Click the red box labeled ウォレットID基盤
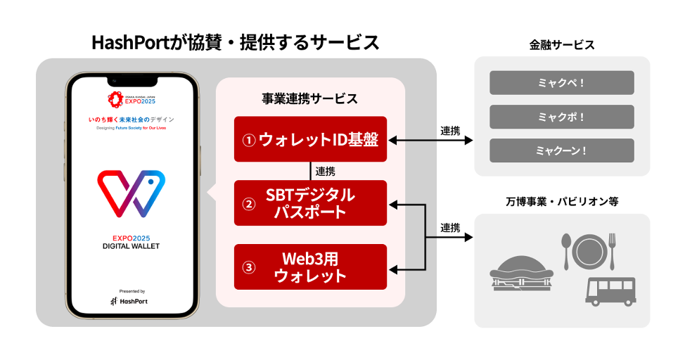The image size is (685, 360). click(x=310, y=139)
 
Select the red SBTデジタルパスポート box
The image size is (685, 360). click(x=310, y=203)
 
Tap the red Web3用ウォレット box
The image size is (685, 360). click(x=310, y=266)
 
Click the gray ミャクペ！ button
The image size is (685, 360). click(x=561, y=83)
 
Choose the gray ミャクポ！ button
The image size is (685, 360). click(x=561, y=117)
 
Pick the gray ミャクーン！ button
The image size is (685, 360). click(x=561, y=150)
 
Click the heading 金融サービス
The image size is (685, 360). click(x=562, y=45)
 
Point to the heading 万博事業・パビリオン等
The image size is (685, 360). click(x=562, y=201)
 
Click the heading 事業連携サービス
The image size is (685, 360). click(x=310, y=98)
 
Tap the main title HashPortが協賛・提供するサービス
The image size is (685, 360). click(x=236, y=42)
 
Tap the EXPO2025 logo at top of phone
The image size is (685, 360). click(x=131, y=98)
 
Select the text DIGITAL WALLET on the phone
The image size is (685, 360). click(x=131, y=246)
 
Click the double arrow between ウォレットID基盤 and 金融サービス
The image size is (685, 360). click(x=430, y=141)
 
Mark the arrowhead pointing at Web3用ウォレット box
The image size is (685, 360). click(x=394, y=269)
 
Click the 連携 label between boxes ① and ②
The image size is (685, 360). click(x=325, y=171)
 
